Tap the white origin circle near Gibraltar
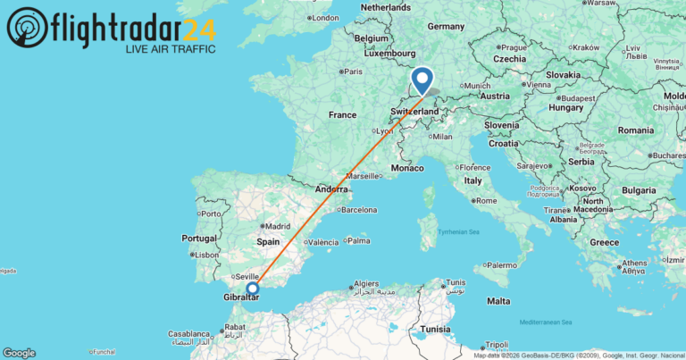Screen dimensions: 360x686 253,288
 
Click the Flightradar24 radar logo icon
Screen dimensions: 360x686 27,28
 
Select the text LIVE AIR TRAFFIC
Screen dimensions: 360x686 169,48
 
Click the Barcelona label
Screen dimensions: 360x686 357,211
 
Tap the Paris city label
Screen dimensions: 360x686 352,71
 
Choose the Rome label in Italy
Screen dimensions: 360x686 488,200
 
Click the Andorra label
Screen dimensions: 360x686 331,190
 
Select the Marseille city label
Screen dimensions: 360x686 364,176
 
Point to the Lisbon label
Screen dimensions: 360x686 205,255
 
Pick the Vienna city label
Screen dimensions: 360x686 540,85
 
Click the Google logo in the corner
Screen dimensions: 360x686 19,353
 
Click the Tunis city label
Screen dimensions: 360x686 456,285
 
